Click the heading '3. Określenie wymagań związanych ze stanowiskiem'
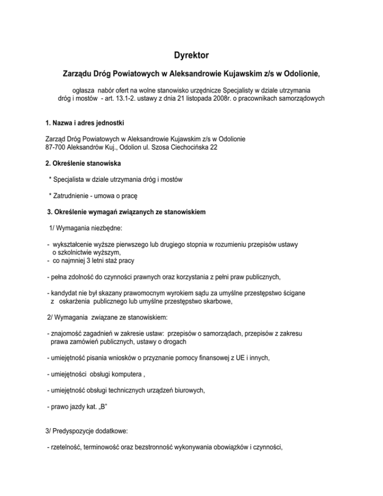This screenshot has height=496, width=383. tap(125, 212)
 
